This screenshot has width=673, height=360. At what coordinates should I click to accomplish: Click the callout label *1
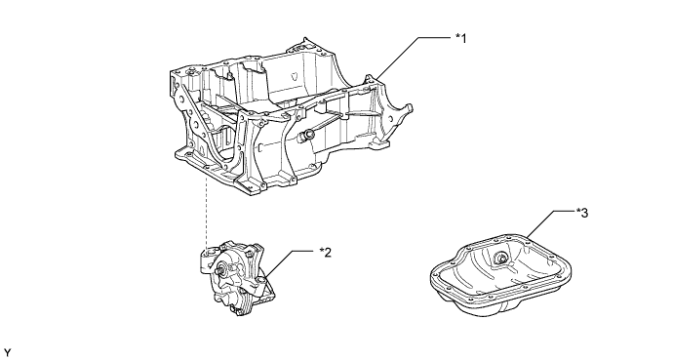[460, 39]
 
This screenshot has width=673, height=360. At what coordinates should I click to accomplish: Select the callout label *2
[326, 253]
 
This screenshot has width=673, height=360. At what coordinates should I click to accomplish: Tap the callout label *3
[582, 213]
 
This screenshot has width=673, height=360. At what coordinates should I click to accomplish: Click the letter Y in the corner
[7, 353]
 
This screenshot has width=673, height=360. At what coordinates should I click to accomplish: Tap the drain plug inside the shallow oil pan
[500, 258]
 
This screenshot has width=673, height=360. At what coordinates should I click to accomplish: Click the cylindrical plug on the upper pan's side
[305, 136]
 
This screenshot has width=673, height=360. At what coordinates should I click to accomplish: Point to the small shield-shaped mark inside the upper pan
[295, 75]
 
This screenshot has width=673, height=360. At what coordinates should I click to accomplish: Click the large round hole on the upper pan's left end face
[196, 125]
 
